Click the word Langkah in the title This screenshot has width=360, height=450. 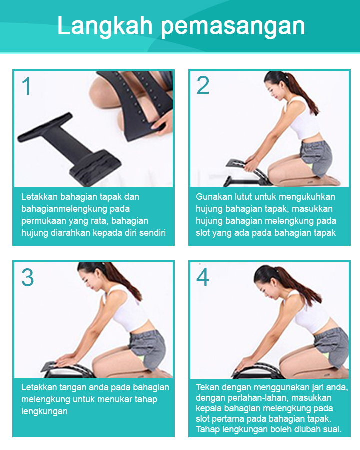point(105,27)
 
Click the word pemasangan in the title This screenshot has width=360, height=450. point(233,27)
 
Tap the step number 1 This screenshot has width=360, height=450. point(27,86)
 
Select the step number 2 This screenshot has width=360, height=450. point(203,85)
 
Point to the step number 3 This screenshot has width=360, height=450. point(28,277)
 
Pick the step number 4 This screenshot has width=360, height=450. point(203,277)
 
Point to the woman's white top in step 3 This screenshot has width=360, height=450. point(128,307)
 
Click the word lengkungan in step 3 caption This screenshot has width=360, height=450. point(44,412)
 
